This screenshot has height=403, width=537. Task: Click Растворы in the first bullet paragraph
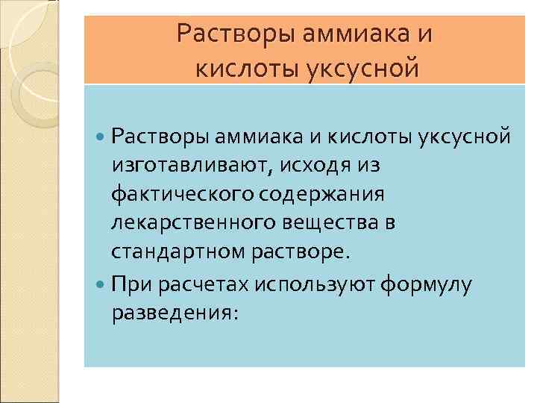(160, 137)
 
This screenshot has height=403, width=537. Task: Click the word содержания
(324, 194)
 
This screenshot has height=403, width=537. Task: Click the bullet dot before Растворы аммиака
(101, 137)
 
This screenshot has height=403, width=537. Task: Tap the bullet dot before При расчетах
(101, 284)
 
